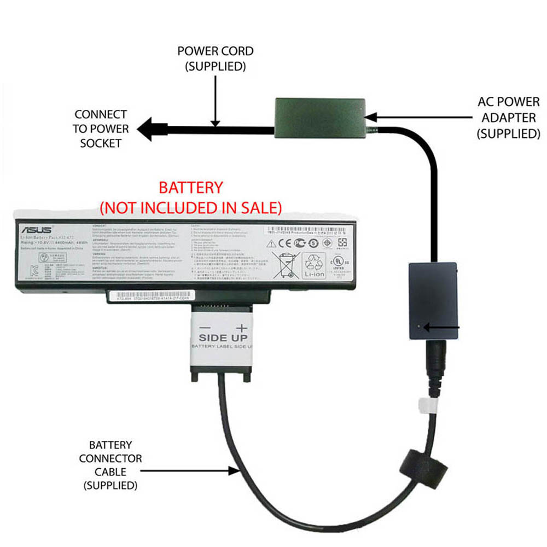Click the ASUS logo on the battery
(x=37, y=229)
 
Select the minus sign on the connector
(x=205, y=327)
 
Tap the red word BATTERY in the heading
(x=190, y=188)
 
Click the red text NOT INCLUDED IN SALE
(x=190, y=207)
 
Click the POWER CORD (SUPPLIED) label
(x=216, y=59)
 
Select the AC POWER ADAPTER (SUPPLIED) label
(x=509, y=118)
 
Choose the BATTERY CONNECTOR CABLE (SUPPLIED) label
(x=110, y=465)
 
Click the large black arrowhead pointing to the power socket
(x=151, y=130)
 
